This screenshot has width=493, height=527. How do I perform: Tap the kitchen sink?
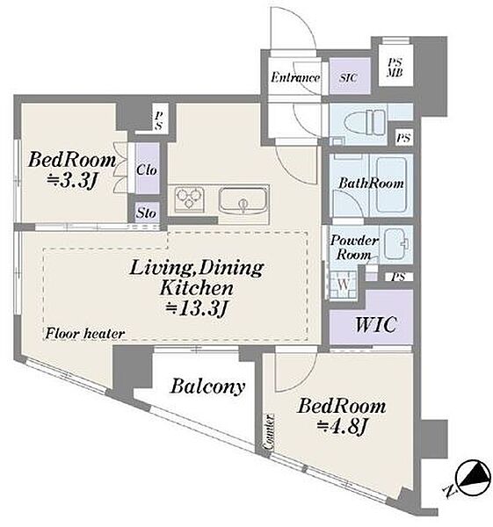243,200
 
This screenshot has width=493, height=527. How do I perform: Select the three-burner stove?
189,199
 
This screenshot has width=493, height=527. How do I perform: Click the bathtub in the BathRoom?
391,184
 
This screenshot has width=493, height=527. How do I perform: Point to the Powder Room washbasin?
396,243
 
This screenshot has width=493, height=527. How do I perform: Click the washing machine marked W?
343,284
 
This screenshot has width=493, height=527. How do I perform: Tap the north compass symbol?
472,478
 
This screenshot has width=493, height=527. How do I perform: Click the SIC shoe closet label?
348,77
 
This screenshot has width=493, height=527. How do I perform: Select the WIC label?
376,324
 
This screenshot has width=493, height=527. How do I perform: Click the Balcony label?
207,386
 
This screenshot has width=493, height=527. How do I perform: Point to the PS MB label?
395,68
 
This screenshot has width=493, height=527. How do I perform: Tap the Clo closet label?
147,170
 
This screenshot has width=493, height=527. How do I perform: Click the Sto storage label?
146,213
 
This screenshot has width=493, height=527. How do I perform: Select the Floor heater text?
85,334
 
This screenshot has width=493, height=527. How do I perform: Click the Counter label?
269,433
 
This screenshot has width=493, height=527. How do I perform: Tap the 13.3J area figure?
198,309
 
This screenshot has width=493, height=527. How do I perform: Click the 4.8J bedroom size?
341,428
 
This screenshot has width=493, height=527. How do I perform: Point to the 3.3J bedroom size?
72,181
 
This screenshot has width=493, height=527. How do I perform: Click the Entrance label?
295,77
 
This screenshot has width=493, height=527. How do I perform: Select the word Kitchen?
196,288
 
